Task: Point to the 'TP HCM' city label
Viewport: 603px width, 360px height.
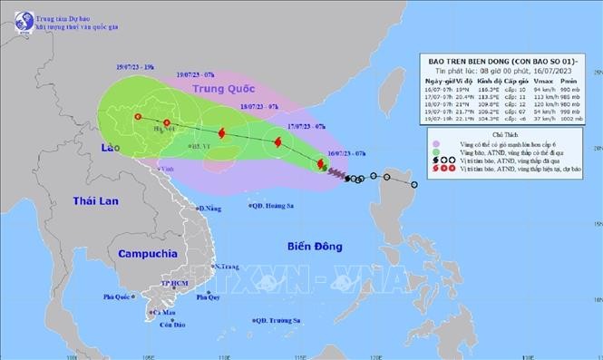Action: click(170, 283)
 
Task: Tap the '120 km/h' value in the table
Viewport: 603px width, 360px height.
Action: click(546, 103)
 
